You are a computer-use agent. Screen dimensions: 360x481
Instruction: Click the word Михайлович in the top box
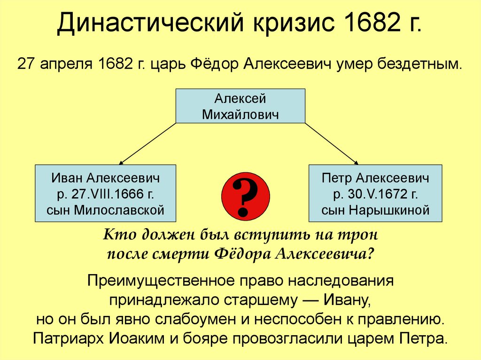[x=240, y=114]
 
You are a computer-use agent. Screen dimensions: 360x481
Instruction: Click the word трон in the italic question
[x=362, y=233]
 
